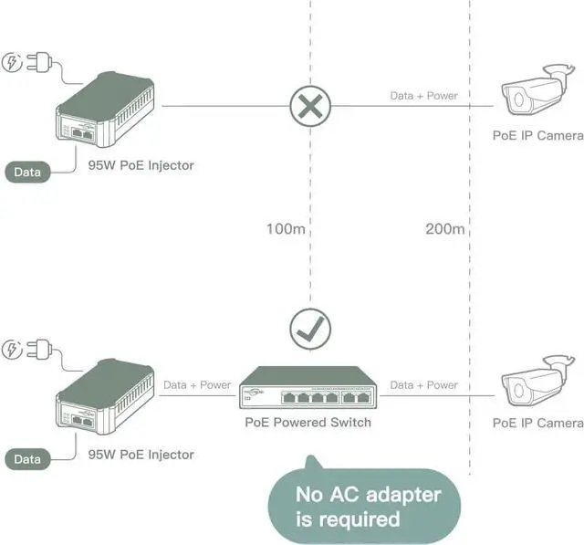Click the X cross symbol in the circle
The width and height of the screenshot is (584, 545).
tap(310, 106)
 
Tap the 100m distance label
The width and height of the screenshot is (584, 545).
tap(285, 228)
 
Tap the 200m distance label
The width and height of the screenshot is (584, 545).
tap(444, 228)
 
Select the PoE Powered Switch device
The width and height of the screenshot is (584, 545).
tap(308, 390)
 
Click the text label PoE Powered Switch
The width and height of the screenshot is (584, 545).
tap(308, 423)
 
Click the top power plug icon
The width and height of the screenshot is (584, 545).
tap(26, 62)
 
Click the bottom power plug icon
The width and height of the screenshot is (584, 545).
tap(26, 350)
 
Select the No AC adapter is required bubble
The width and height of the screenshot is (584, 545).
tap(363, 507)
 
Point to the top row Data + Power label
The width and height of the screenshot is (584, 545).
tap(423, 95)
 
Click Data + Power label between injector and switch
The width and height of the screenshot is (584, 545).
tap(197, 385)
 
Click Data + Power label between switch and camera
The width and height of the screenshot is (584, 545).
tap(423, 385)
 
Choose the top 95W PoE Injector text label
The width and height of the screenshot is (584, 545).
tap(141, 165)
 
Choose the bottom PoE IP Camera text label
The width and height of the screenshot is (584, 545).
tap(537, 423)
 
